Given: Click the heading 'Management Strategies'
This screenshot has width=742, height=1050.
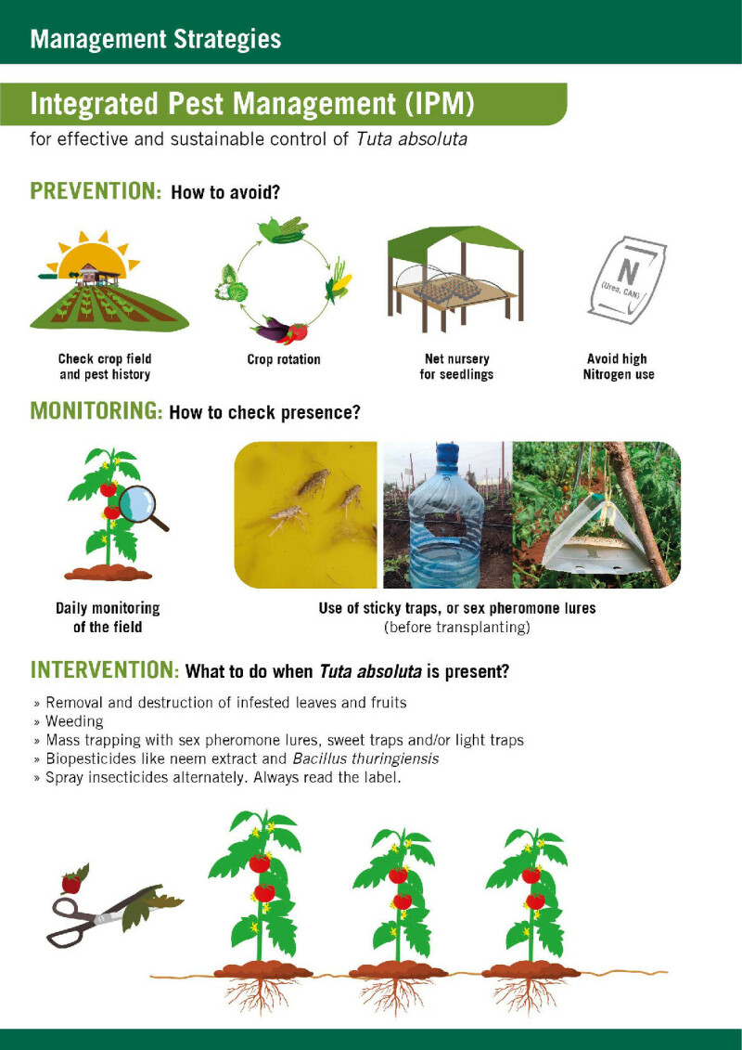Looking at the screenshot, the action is click(x=155, y=39).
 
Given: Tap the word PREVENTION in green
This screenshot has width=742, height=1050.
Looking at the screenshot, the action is click(x=96, y=191).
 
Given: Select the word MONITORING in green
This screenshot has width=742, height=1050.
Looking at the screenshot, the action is click(x=96, y=410).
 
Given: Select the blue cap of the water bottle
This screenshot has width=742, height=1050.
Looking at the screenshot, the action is click(x=446, y=453).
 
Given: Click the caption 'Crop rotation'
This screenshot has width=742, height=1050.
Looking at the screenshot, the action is click(x=284, y=359).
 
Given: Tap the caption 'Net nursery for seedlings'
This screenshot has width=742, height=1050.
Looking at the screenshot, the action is click(x=456, y=367).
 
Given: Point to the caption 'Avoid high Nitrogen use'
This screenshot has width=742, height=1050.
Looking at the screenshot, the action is click(x=619, y=367).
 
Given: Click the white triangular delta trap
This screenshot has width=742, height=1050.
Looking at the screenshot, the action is click(x=596, y=537).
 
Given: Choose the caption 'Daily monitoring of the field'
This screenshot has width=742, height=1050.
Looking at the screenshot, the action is click(x=108, y=617).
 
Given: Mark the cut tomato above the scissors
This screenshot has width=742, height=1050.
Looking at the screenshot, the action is click(x=72, y=882).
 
